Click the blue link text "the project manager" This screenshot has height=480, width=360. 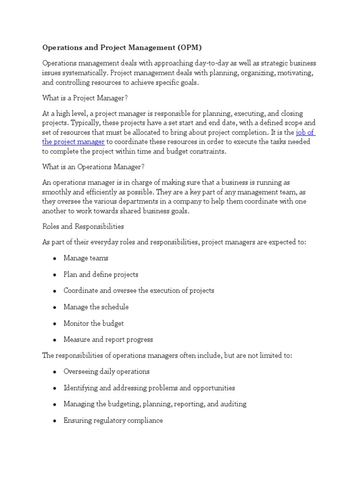coord(73,142)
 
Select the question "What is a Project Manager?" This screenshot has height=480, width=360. coord(85,97)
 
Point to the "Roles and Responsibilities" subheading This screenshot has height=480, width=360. coord(83,226)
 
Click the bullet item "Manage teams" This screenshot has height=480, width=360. coord(86,258)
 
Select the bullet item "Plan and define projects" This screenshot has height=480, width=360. coord(101,275)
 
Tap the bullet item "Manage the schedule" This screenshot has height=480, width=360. coord(96,307)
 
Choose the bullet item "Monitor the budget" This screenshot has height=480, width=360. coord(94,323)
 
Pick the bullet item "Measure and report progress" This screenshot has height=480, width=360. coord(108,339)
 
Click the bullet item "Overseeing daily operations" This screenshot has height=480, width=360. coord(106,372)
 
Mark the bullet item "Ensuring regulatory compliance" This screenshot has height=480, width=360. coord(113,420)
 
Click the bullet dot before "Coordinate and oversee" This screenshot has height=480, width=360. coord(54,291)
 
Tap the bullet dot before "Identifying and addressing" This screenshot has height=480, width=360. coord(54,389)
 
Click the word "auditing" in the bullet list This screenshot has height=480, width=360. coord(233,404)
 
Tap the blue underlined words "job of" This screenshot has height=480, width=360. coord(305,133)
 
